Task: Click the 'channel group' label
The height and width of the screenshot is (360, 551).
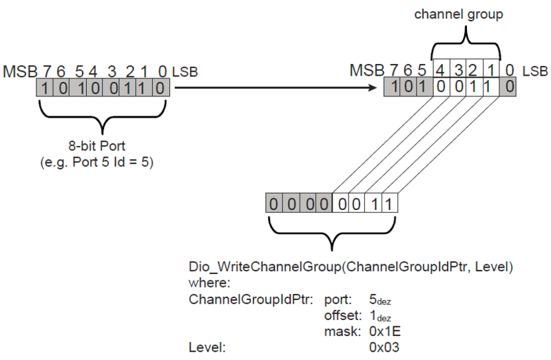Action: tap(459, 14)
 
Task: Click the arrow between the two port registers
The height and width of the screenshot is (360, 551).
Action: tap(276, 87)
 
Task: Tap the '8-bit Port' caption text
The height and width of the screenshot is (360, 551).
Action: tap(96, 145)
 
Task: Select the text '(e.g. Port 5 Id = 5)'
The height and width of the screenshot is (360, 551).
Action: tap(97, 162)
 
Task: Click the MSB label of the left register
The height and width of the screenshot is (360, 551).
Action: tap(20, 72)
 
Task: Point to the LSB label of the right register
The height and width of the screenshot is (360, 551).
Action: tap(535, 72)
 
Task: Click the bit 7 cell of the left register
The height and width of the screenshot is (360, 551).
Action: tap(45, 87)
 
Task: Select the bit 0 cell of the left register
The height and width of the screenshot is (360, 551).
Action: tap(161, 87)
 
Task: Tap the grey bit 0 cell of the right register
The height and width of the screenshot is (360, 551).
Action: tap(508, 87)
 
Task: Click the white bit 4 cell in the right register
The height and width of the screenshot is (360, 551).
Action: tap(441, 87)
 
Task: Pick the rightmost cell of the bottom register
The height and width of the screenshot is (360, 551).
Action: tap(390, 203)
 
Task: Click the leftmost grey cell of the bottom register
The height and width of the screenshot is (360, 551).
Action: tap(274, 203)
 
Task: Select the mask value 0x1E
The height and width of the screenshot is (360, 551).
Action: tap(385, 331)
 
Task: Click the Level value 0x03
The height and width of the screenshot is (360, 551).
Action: tap(384, 348)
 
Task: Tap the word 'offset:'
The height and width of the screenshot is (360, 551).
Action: tap(342, 315)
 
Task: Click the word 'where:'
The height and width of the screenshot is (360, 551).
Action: tap(209, 283)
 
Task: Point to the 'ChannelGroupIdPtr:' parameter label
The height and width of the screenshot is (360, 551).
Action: tap(251, 299)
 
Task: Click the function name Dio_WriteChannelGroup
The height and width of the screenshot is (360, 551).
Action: tap(265, 267)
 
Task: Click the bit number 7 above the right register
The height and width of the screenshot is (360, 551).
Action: tap(393, 71)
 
